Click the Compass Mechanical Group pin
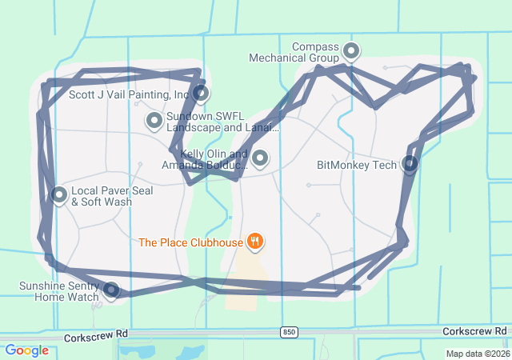[350, 52]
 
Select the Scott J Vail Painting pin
[201, 94]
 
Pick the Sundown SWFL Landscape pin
[154, 120]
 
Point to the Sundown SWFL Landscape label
[223, 122]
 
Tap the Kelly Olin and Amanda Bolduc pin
[259, 158]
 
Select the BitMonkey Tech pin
[410, 165]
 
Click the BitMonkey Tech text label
[357, 166]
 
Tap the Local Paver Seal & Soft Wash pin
[59, 194]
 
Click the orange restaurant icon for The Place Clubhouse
[255, 241]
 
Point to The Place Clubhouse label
[190, 242]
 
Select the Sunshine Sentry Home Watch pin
[112, 290]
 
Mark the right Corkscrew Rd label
[474, 331]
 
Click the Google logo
[26, 350]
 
